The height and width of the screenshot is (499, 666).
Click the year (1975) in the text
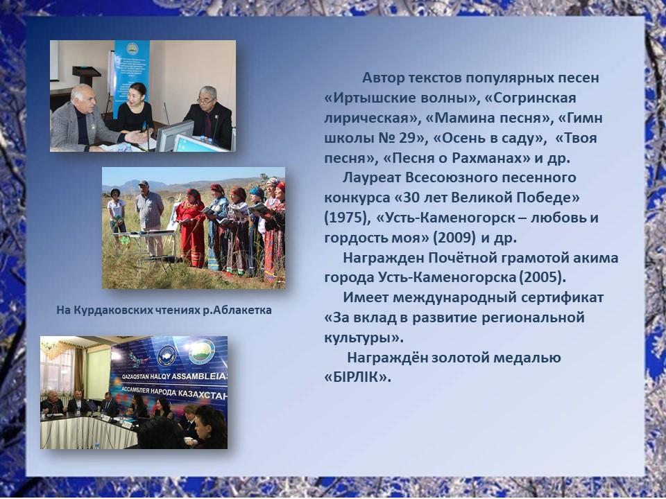coord(345,218)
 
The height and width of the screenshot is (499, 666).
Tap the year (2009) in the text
coord(454,238)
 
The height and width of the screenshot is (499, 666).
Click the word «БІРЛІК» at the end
coord(357,377)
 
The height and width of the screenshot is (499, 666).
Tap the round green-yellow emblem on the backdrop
coord(202,352)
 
